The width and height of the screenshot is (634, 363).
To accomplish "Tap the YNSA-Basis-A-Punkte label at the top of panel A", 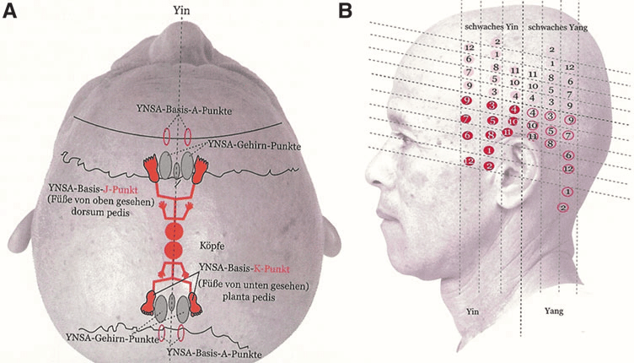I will tap(185, 110).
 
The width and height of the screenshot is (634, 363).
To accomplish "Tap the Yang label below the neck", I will tap(554, 311).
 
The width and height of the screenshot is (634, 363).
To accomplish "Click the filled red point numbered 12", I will tap(470, 160).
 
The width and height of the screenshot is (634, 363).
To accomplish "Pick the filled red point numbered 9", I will tap(466, 101).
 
